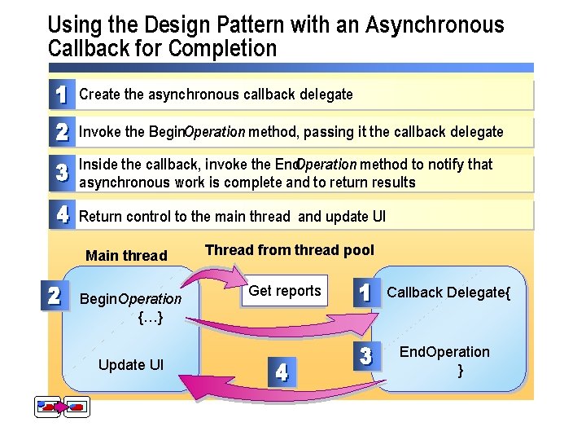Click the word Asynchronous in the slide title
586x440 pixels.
point(435,25)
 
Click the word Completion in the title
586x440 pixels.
point(223,49)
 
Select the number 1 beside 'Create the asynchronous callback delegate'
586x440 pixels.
point(61,94)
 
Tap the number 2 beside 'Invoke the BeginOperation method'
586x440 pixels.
point(61,131)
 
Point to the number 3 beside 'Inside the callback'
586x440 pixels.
point(61,173)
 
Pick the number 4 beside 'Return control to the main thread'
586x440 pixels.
point(61,216)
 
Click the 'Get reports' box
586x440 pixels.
point(285,291)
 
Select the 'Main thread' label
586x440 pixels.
point(126,256)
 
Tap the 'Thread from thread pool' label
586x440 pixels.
point(290,250)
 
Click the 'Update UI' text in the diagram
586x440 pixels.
point(131,364)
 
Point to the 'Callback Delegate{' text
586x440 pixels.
point(448,293)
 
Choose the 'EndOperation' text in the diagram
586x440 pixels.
point(444,352)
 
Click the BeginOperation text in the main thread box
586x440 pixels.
point(130,299)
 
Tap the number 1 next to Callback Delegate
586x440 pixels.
point(366,293)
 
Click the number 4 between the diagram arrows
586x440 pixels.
point(281,373)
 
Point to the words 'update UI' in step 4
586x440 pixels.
point(355,217)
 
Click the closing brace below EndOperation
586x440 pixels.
point(461,370)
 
